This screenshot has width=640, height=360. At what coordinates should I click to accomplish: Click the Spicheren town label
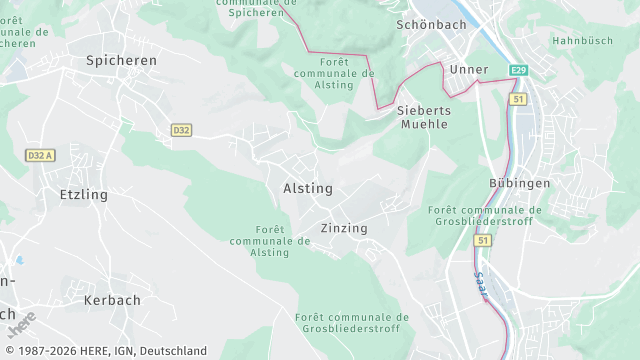pyautogui.click(x=121, y=61)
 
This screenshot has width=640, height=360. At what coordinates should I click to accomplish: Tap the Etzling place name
pyautogui.click(x=83, y=194)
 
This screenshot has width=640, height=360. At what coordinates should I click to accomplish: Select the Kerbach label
pyautogui.click(x=112, y=300)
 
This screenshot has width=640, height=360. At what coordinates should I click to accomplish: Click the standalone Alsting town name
pyautogui.click(x=308, y=188)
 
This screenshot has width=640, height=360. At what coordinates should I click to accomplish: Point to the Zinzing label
pyautogui.click(x=344, y=228)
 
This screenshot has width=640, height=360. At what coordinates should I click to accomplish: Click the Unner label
pyautogui.click(x=469, y=69)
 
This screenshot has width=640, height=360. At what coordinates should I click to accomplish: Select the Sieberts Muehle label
pyautogui.click(x=424, y=116)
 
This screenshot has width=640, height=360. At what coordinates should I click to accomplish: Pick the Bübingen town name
pyautogui.click(x=520, y=183)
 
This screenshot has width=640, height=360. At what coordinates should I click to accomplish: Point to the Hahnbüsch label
pyautogui.click(x=583, y=41)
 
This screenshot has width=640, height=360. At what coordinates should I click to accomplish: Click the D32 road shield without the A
pyautogui.click(x=181, y=130)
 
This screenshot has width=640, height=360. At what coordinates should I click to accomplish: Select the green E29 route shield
pyautogui.click(x=517, y=70)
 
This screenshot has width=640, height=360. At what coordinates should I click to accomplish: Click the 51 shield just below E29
pyautogui.click(x=517, y=100)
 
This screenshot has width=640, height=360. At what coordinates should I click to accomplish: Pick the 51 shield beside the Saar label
pyautogui.click(x=483, y=241)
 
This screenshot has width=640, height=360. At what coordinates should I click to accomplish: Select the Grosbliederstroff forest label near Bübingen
pyautogui.click(x=484, y=216)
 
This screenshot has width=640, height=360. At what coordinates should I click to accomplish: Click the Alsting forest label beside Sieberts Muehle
pyautogui.click(x=334, y=79)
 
